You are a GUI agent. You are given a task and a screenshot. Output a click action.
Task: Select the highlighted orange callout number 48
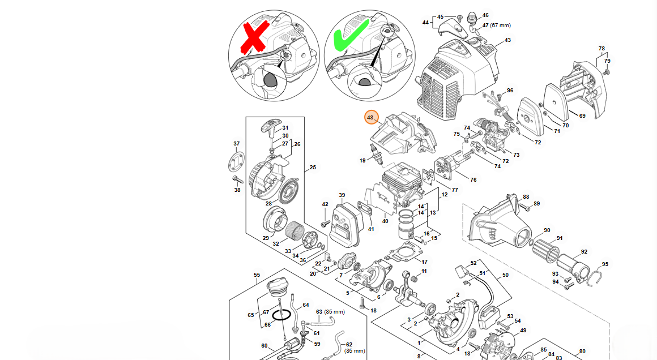pyautogui.click(x=371, y=118)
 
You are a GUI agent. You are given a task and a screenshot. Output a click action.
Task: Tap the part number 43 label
pyautogui.click(x=507, y=40)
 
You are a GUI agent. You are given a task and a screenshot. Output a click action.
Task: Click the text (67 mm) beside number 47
pyautogui.click(x=501, y=25)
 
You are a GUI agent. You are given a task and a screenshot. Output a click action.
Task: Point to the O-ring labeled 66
pyautogui.click(x=281, y=315)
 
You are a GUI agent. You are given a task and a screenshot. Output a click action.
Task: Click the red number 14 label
pyautogui.click(x=420, y=213)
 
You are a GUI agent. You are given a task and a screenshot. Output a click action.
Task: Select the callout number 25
pyautogui.click(x=313, y=168)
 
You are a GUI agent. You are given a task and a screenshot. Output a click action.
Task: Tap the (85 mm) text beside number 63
pyautogui.click(x=335, y=312)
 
